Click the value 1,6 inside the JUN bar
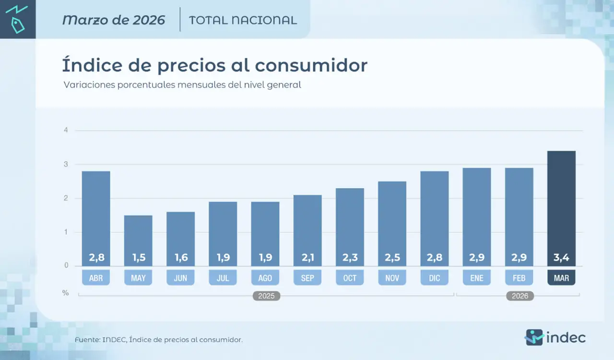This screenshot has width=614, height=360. pyautogui.click(x=180, y=258)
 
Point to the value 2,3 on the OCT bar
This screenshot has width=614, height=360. pyautogui.click(x=350, y=258)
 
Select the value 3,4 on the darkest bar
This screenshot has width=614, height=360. pyautogui.click(x=561, y=258)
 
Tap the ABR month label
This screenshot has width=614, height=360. pyautogui.click(x=96, y=278)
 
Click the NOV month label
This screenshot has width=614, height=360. pyautogui.click(x=392, y=278)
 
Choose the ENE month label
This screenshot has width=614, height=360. pyautogui.click(x=477, y=278)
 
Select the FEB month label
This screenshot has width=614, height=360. pyautogui.click(x=519, y=278)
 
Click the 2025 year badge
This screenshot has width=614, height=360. pyautogui.click(x=266, y=296)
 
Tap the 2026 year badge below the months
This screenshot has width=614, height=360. pyautogui.click(x=520, y=296)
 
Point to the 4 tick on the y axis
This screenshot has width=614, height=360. pyautogui.click(x=66, y=130)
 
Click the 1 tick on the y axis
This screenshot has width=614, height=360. pyautogui.click(x=66, y=232)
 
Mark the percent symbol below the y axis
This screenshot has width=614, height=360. pyautogui.click(x=66, y=292)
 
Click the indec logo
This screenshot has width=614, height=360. pyautogui.click(x=555, y=337)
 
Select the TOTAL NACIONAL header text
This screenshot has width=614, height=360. pyautogui.click(x=243, y=20)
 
